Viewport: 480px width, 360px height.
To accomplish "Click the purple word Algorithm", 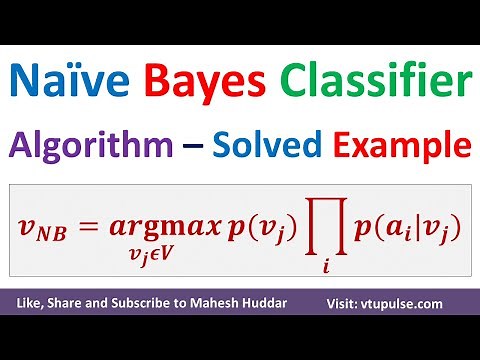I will point(87,147).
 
